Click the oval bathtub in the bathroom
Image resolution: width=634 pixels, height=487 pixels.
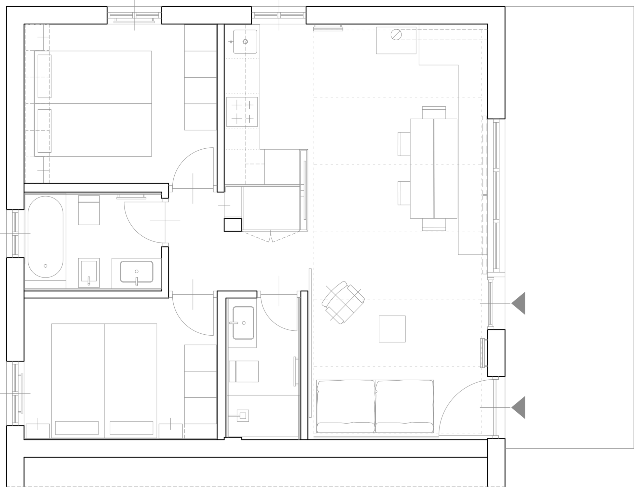point(45,237)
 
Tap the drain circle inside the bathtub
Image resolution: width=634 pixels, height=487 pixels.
point(46,266)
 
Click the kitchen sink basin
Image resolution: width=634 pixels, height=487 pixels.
point(245,42)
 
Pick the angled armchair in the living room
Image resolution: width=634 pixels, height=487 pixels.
point(343,302)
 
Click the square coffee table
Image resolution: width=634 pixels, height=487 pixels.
point(392,329)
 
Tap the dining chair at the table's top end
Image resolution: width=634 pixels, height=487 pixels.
point(434,112)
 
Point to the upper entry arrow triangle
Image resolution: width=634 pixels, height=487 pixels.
point(519,303)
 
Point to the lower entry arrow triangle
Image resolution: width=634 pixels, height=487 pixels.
point(519,407)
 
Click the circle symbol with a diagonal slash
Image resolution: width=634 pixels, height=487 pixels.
point(396,35)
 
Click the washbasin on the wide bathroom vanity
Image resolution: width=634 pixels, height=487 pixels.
point(137,272)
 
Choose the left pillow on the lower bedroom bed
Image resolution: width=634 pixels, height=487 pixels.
point(77,428)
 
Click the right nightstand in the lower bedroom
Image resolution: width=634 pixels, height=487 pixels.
point(171,431)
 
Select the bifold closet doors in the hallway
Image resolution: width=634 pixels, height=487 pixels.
point(271,237)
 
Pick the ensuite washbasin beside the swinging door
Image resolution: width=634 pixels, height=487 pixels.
point(243,323)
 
